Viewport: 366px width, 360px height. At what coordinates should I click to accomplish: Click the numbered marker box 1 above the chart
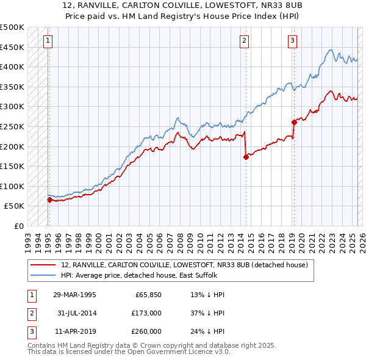coord(48,41)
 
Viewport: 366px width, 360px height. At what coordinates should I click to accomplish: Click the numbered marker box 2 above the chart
coord(243,41)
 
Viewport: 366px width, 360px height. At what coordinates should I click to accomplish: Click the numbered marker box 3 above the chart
coord(292,41)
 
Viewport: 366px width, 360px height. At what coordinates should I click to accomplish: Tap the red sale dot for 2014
coord(246,157)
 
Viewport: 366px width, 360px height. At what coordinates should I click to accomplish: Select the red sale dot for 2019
coord(294,122)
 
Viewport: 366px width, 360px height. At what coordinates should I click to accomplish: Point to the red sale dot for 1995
coord(49,200)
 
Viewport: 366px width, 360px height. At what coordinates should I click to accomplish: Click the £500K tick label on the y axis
coord(12,27)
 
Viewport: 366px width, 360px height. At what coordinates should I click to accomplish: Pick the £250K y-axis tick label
coord(12,126)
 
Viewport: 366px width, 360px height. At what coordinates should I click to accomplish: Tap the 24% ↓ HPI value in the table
coord(207,331)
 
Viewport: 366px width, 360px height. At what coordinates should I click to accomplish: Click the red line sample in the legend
coord(43,265)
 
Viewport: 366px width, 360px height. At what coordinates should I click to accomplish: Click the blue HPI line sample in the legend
coord(43,275)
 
